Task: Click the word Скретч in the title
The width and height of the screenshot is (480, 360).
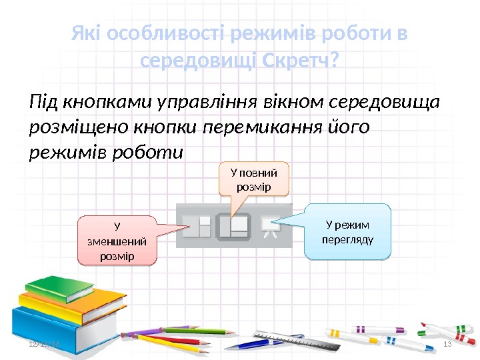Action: (x=299, y=61)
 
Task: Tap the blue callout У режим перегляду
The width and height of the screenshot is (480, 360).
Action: (x=347, y=231)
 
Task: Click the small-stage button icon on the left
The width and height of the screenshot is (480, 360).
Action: (x=197, y=227)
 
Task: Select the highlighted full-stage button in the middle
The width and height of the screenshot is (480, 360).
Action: (x=234, y=227)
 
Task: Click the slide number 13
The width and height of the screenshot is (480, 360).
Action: (x=447, y=343)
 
